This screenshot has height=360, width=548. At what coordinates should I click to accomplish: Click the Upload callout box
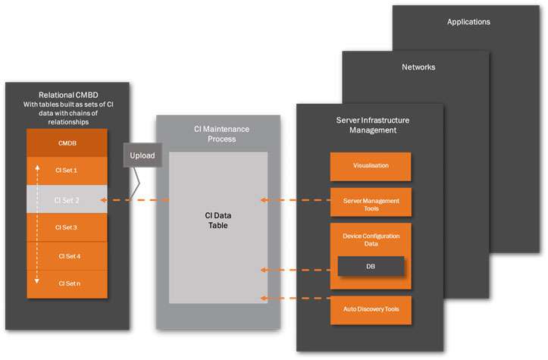click(142, 155)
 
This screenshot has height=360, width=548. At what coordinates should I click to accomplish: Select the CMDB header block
click(67, 142)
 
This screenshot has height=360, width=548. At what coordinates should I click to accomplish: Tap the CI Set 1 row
click(67, 171)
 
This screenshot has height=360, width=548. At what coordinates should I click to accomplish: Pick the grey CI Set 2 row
click(67, 200)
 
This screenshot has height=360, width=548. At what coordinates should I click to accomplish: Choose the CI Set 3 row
click(67, 227)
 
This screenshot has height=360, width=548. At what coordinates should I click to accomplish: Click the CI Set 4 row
click(67, 255)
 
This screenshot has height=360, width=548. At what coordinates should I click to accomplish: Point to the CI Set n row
click(67, 283)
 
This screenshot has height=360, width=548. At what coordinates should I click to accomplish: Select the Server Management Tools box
click(371, 202)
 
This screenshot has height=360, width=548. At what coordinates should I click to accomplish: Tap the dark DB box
click(371, 266)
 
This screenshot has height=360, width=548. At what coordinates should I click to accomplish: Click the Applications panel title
click(468, 22)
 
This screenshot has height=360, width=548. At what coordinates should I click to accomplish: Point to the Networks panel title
click(418, 67)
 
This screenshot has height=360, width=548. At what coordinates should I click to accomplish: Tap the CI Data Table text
click(218, 220)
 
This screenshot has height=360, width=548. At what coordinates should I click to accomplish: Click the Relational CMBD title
click(67, 93)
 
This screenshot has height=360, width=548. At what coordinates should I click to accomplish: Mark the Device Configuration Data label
click(371, 239)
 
